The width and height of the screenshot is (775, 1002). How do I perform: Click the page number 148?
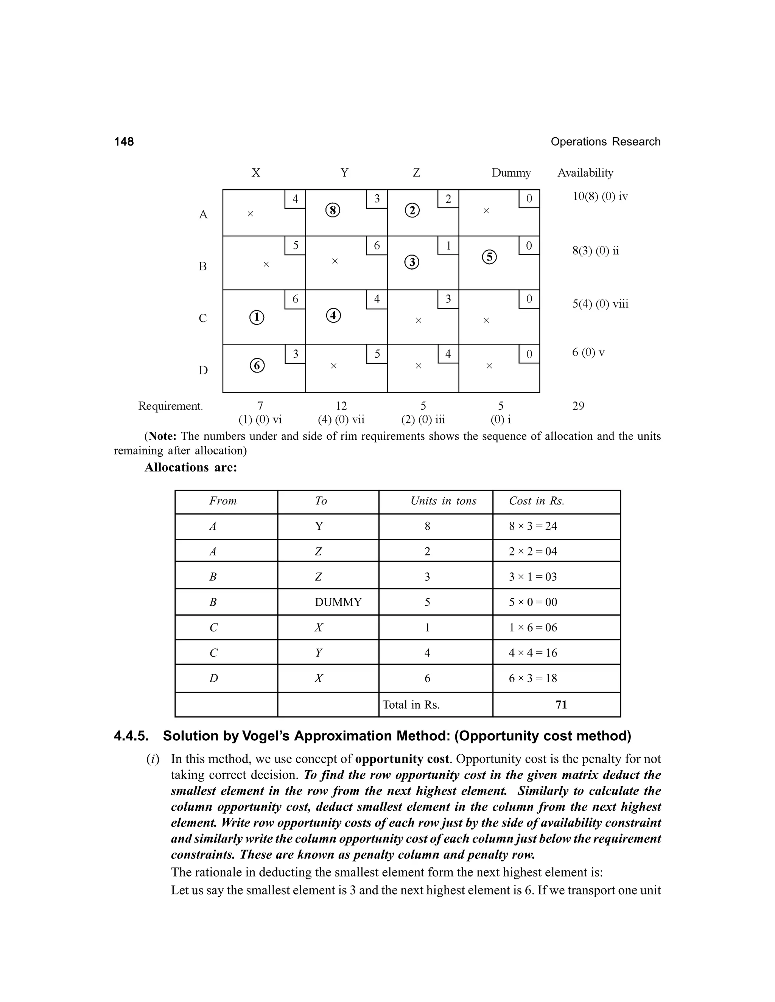pyautogui.click(x=124, y=142)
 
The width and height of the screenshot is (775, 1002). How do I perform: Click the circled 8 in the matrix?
pyautogui.click(x=333, y=211)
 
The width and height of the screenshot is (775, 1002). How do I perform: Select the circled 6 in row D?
pyautogui.click(x=257, y=366)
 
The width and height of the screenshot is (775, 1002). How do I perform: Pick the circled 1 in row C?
pyautogui.click(x=257, y=318)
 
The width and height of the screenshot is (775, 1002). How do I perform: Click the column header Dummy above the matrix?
pyautogui.click(x=511, y=173)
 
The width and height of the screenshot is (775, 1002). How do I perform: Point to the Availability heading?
pyautogui.click(x=585, y=173)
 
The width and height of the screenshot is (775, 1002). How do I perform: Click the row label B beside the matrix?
pyautogui.click(x=203, y=267)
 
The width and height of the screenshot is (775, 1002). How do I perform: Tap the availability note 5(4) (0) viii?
pyautogui.click(x=600, y=304)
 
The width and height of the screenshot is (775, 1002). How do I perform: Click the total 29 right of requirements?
pyautogui.click(x=578, y=406)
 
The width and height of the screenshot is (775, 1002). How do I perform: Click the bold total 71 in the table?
pyautogui.click(x=561, y=705)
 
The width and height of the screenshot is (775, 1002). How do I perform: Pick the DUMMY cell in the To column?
pyautogui.click(x=338, y=602)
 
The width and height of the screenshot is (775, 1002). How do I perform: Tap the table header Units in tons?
pyautogui.click(x=444, y=501)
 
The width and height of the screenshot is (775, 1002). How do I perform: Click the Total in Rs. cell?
pyautogui.click(x=411, y=705)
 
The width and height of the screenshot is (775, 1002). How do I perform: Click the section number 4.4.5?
pyautogui.click(x=132, y=736)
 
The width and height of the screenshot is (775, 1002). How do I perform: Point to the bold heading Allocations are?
pyautogui.click(x=191, y=467)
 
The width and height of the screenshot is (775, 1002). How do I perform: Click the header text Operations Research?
pyautogui.click(x=605, y=142)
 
